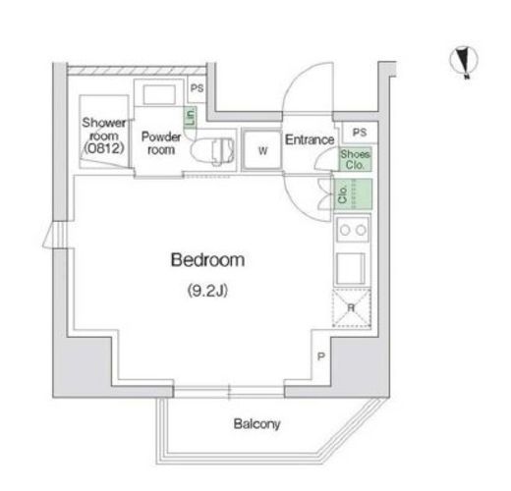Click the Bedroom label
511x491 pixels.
(x=207, y=260)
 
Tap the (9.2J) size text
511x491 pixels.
(x=207, y=291)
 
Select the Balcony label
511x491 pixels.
(x=256, y=424)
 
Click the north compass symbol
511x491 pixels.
(x=464, y=62)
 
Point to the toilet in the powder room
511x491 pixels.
(x=212, y=151)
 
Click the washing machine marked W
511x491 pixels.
(x=262, y=150)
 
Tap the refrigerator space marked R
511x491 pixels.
(x=352, y=307)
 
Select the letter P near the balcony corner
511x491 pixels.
(x=321, y=356)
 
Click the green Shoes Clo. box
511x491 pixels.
(x=355, y=159)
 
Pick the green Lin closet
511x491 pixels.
(x=190, y=117)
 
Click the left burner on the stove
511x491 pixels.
(x=345, y=230)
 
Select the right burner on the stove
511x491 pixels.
(x=361, y=230)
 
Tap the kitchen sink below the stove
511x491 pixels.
(x=351, y=268)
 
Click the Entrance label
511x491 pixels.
(x=310, y=139)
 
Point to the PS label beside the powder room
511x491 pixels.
(x=197, y=88)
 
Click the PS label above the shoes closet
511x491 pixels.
(x=360, y=133)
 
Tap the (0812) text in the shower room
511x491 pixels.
(x=104, y=149)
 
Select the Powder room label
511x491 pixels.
(x=161, y=143)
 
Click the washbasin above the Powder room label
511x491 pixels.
(x=159, y=94)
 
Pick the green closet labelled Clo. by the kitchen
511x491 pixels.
(x=353, y=194)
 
